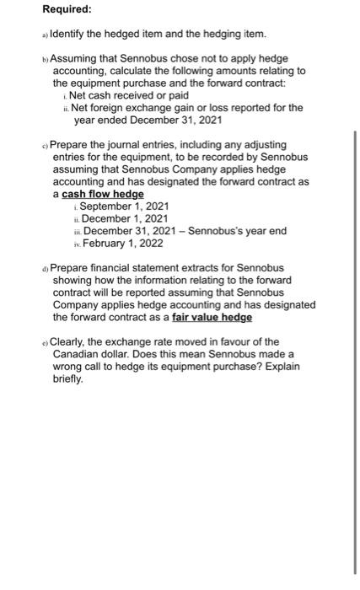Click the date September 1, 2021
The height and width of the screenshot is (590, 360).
[124, 206]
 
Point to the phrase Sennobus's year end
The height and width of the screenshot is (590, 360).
[236, 231]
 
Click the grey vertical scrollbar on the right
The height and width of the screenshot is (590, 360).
[354, 354]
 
